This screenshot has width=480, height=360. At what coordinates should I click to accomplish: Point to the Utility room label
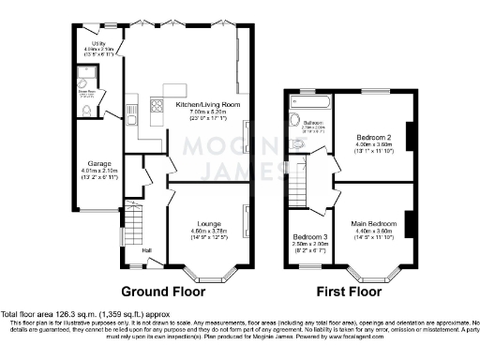(98, 43)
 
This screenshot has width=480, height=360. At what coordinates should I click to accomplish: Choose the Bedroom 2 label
(372, 138)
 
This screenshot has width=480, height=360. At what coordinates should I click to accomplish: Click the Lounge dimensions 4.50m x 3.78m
(208, 232)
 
